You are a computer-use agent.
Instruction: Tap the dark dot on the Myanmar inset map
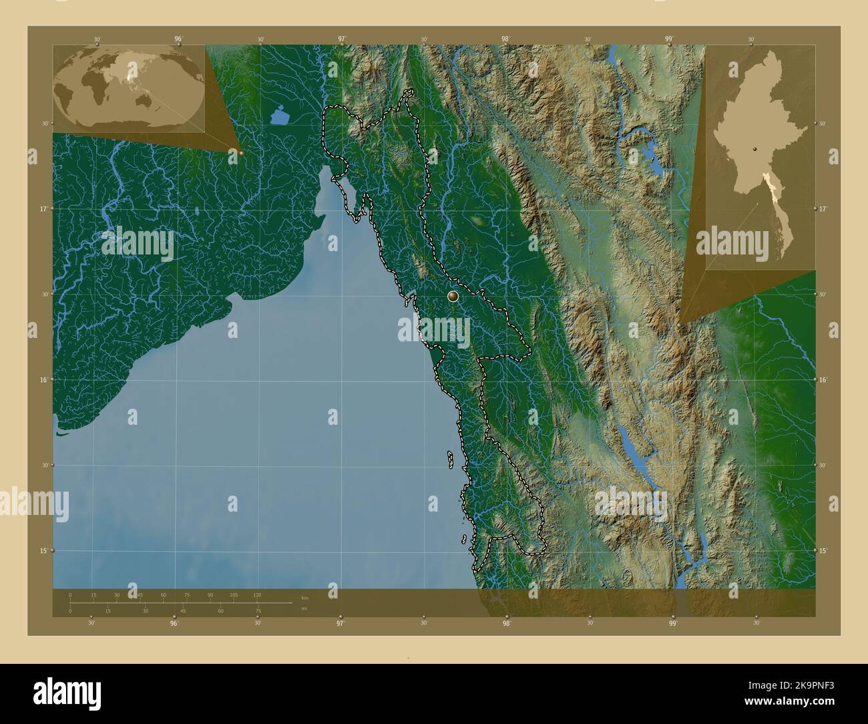(x=754, y=150)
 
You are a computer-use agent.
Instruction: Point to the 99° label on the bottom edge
(x=672, y=624)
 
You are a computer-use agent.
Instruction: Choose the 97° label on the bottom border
(x=341, y=624)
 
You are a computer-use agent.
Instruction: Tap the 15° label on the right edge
(x=824, y=550)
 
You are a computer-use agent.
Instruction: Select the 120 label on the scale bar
(x=257, y=594)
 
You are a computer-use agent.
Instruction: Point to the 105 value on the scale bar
(x=234, y=594)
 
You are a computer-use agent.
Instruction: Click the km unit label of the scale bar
(x=304, y=597)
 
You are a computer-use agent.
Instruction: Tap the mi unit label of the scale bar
(x=304, y=608)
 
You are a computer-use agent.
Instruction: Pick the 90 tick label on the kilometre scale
(x=210, y=594)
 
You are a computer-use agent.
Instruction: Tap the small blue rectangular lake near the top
(x=280, y=116)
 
